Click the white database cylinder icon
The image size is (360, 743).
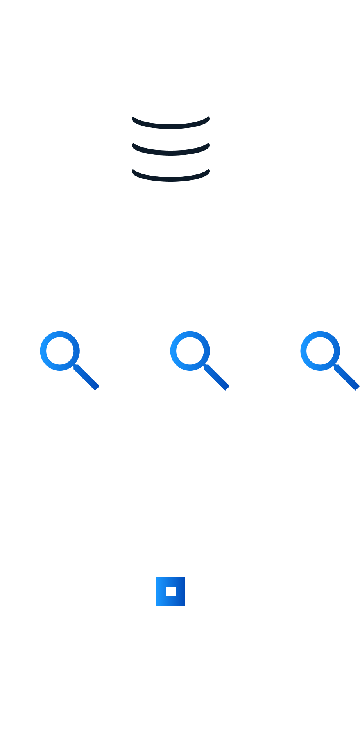tap(171, 153)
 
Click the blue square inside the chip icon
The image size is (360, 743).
tap(170, 591)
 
